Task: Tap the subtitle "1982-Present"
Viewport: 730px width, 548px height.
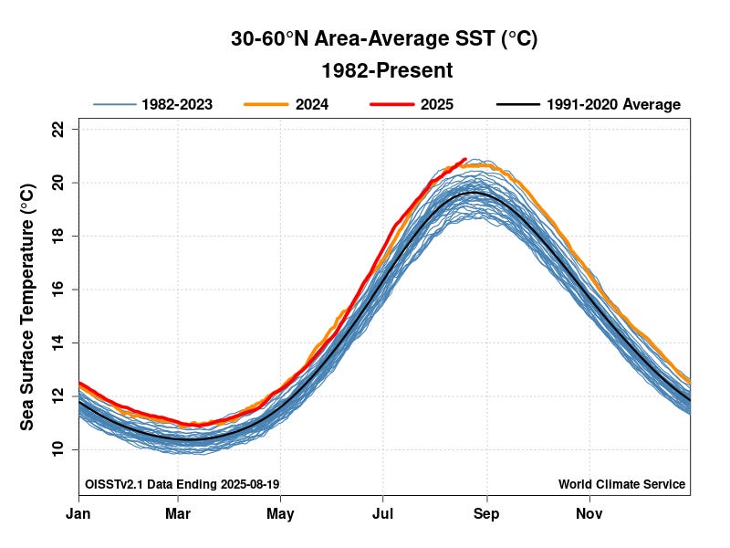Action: pos(386,70)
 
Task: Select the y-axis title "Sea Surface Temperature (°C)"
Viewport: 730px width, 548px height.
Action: pos(27,306)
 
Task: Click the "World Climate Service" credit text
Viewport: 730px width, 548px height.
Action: pos(621,484)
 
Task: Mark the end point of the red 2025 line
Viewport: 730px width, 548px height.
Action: pos(465,159)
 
